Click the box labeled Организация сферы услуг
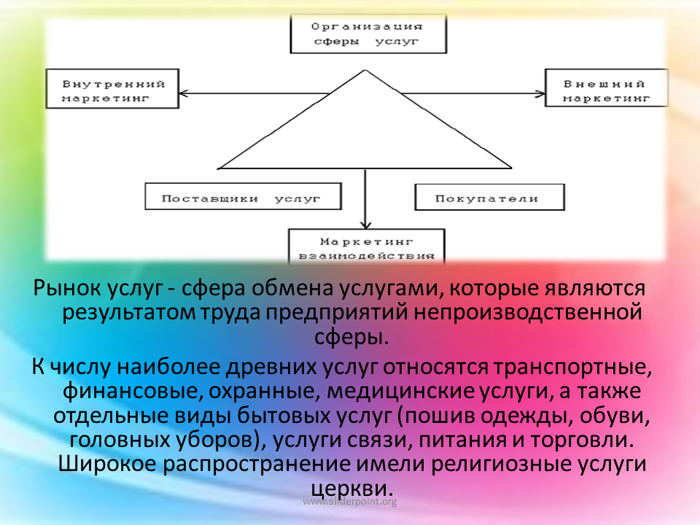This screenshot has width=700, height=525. tap(368, 34)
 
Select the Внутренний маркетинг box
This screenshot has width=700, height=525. tap(112, 88)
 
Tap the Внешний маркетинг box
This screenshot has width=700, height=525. tap(606, 87)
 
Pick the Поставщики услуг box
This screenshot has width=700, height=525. tap(244, 196)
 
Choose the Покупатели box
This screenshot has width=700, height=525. tap(490, 197)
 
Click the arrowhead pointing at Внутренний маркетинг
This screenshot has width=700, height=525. tap(183, 94)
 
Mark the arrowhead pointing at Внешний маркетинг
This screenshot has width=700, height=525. tap(540, 94)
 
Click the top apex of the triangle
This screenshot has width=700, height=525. tap(365, 70)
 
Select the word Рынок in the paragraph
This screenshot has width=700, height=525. tap(67, 288)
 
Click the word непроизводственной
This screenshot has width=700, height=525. tap(528, 312)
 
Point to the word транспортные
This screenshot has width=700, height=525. tap(573, 367)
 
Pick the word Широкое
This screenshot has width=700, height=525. tap(107, 464)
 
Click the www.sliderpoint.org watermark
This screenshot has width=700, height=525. tap(350, 502)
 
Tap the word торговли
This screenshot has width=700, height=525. tap(582, 440)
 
